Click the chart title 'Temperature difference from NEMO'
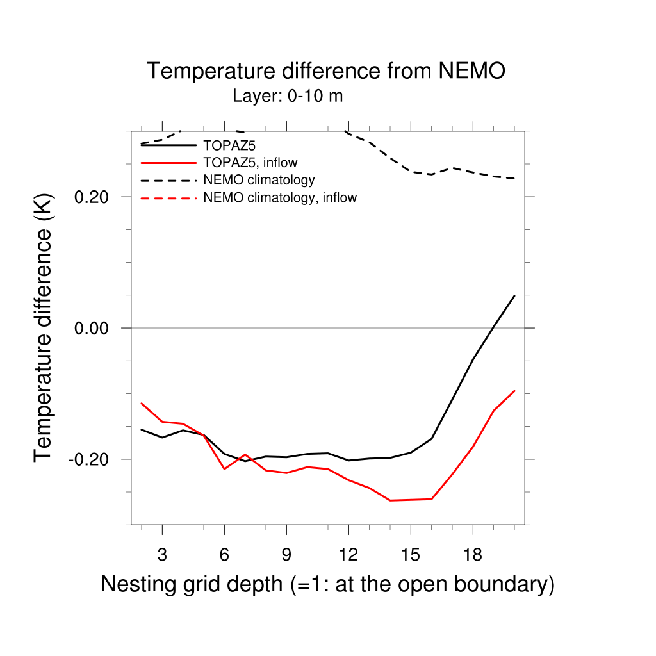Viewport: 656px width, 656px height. (x=326, y=71)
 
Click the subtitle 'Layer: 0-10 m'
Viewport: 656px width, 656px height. (x=288, y=97)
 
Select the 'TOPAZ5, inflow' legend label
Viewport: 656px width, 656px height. (x=250, y=163)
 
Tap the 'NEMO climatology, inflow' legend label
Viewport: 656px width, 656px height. (x=280, y=198)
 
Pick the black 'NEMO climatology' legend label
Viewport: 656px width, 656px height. (x=259, y=180)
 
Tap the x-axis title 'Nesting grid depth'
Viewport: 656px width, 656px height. (x=327, y=584)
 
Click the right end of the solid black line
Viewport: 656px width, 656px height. (x=514, y=295)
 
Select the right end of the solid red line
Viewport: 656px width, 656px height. (x=514, y=390)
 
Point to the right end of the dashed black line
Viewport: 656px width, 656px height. (x=514, y=178)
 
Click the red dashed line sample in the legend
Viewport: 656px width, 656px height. (x=168, y=198)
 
